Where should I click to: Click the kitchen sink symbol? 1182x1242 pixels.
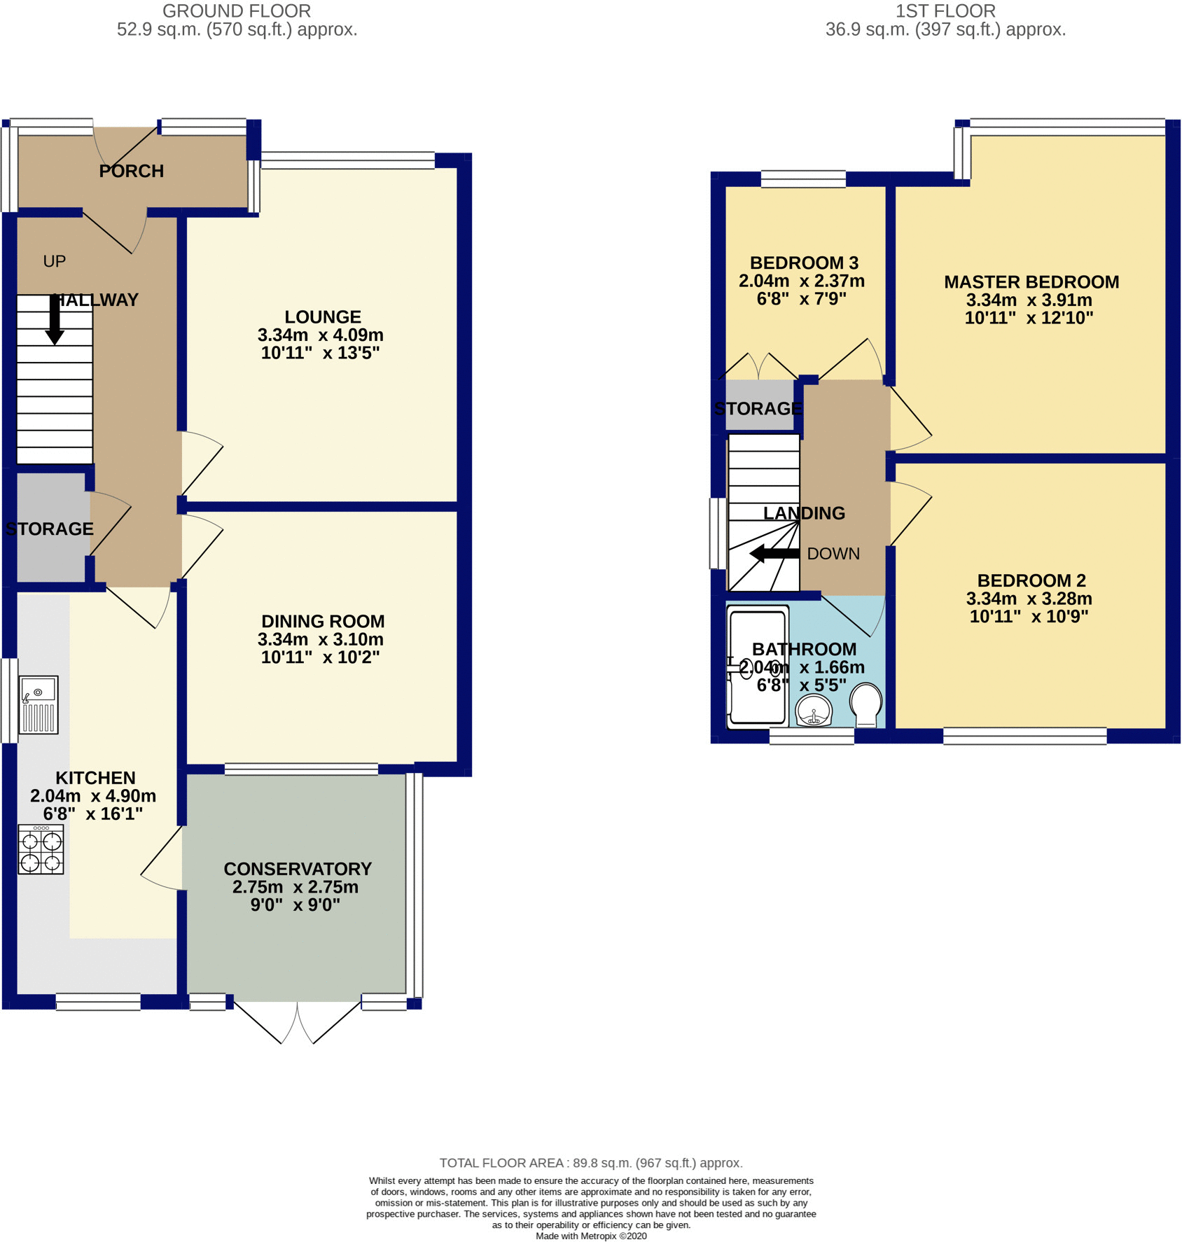pyautogui.click(x=39, y=704)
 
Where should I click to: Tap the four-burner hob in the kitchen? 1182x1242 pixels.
pyautogui.click(x=41, y=849)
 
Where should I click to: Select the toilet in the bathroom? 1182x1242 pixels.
pyautogui.click(x=866, y=705)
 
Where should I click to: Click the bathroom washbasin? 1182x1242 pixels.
pyautogui.click(x=814, y=711)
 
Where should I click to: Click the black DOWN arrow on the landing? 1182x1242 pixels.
pyautogui.click(x=774, y=554)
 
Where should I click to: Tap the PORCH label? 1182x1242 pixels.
pyautogui.click(x=132, y=171)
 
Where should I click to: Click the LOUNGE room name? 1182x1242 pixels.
pyautogui.click(x=323, y=317)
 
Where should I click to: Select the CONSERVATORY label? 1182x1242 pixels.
pyautogui.click(x=298, y=869)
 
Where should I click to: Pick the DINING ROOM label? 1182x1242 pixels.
pyautogui.click(x=323, y=621)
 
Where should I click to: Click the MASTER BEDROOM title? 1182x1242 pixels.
pyautogui.click(x=1031, y=282)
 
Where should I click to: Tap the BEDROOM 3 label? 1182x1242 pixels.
pyautogui.click(x=804, y=263)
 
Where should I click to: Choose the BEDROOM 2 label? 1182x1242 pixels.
pyautogui.click(x=1031, y=580)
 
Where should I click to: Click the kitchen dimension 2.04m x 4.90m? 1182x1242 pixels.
pyautogui.click(x=93, y=796)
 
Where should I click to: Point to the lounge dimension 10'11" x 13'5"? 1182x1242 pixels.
pyautogui.click(x=321, y=353)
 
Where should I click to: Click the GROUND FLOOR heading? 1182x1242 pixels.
pyautogui.click(x=237, y=11)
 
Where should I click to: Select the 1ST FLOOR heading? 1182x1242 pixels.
pyautogui.click(x=945, y=11)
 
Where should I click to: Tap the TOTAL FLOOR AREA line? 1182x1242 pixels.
pyautogui.click(x=591, y=1163)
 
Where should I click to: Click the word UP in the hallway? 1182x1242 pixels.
pyautogui.click(x=55, y=261)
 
